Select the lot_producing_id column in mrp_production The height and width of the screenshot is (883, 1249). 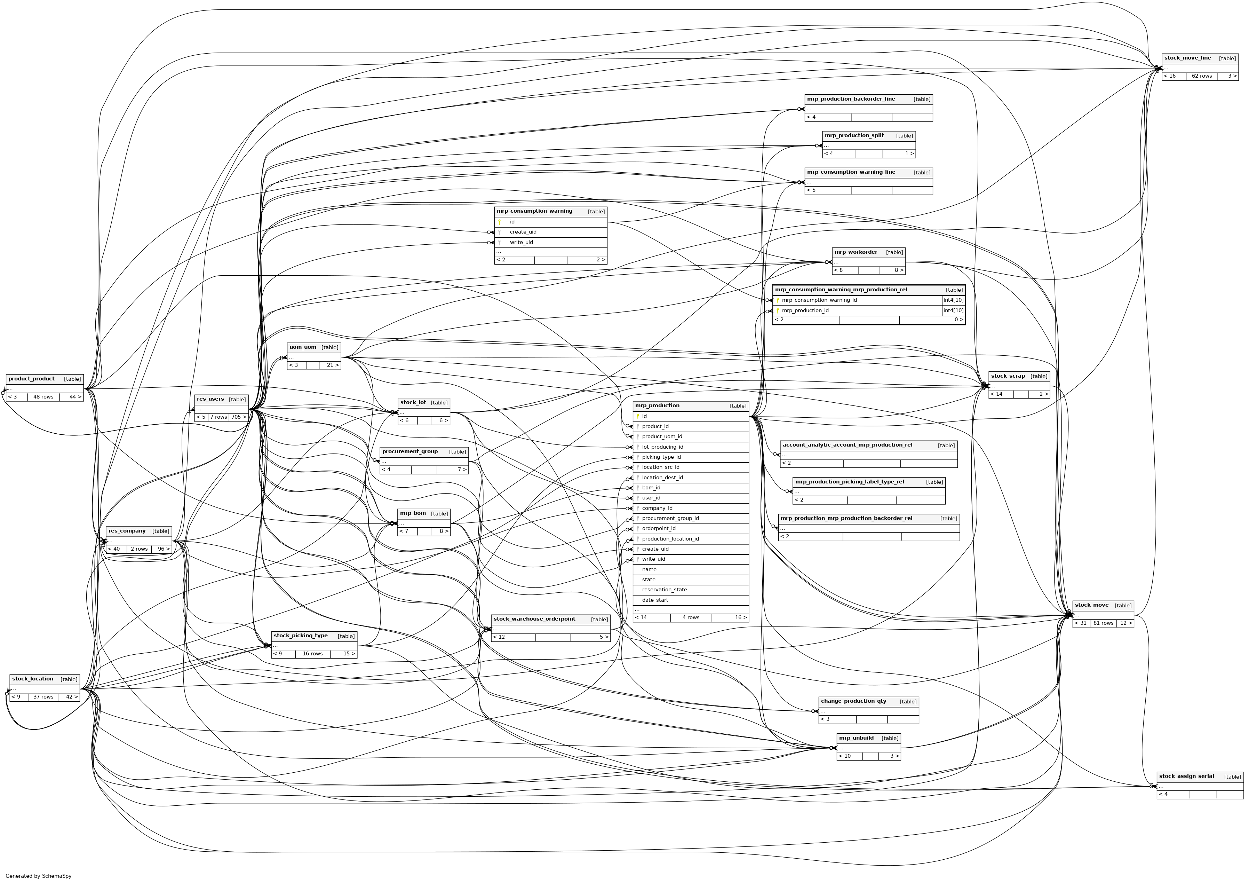(662, 447)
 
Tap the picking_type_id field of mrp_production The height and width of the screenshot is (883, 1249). (661, 457)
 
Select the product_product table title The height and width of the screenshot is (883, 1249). (32, 379)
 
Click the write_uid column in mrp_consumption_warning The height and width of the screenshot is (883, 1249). (521, 242)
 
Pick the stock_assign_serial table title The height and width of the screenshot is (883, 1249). (1186, 776)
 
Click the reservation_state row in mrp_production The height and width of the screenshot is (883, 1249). (664, 590)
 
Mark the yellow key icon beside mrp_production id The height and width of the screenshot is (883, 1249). (638, 416)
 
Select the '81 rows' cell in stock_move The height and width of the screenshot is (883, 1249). (1103, 623)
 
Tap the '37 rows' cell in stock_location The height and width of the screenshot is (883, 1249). (43, 697)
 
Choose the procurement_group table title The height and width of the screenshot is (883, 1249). (409, 451)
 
